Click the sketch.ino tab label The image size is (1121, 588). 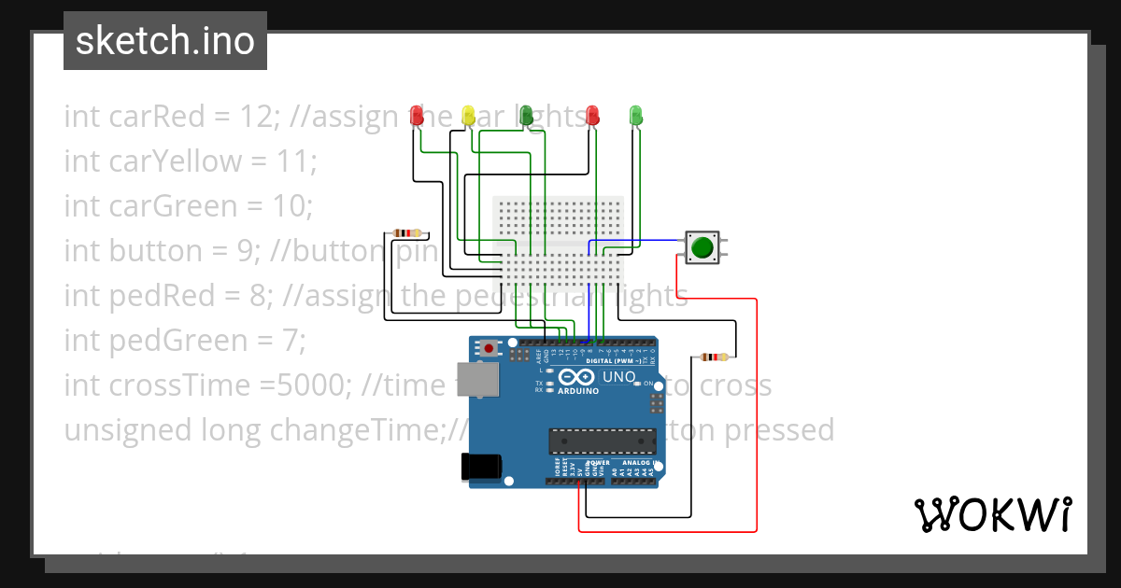point(165,41)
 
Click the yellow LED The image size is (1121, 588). point(469,115)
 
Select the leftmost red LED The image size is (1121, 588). point(417,115)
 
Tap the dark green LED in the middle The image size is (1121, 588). point(526,115)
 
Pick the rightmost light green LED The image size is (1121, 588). point(636,115)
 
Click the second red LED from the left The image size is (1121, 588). point(591,115)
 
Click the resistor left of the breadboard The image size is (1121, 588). point(407,233)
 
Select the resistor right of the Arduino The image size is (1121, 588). point(714,357)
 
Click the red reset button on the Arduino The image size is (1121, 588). point(490,349)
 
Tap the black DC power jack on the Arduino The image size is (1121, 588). point(482,467)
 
